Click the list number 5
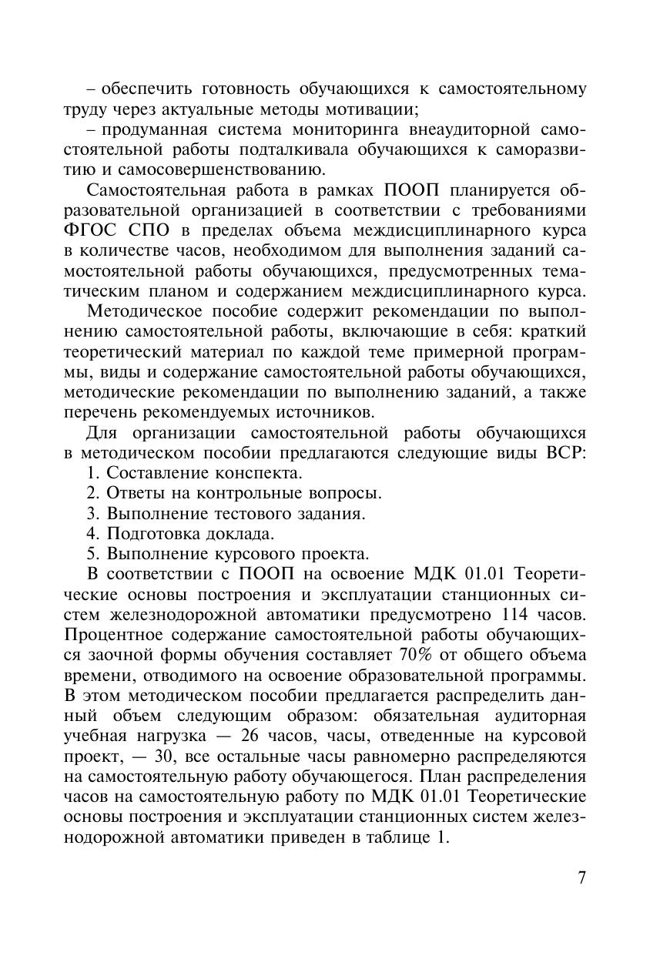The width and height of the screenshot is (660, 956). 92,553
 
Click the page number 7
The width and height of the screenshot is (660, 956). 581,878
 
